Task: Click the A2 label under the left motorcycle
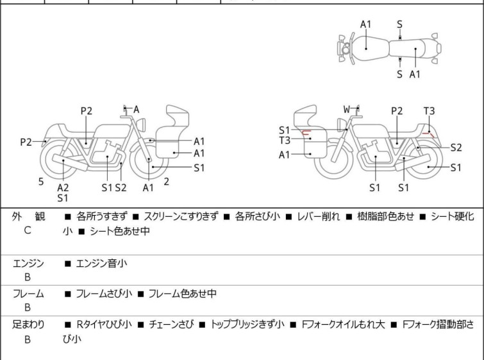pos(63,187)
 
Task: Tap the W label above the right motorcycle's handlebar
pos(347,110)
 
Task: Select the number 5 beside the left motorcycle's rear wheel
pos(41,182)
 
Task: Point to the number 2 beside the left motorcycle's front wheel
pos(167,182)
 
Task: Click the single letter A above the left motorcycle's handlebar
pos(136,110)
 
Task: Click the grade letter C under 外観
pos(28,230)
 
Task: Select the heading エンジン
pos(28,263)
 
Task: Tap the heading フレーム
pos(28,294)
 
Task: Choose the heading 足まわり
pos(28,325)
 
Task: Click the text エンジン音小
pos(102,263)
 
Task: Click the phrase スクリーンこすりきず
pos(181,217)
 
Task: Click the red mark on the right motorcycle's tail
pos(433,135)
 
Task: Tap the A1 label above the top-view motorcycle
pos(365,24)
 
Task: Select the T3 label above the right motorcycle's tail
pos(429,111)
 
